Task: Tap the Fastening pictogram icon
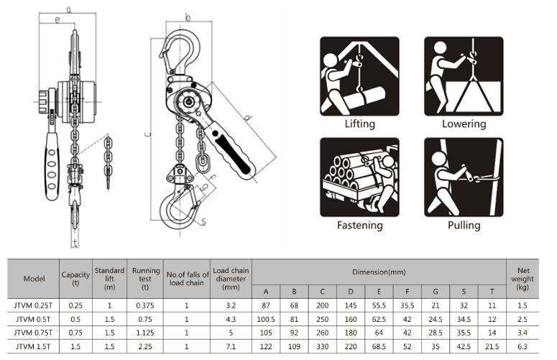pyautogui.click(x=359, y=175)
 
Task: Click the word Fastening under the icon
pyautogui.click(x=360, y=225)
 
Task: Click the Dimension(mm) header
pyautogui.click(x=379, y=271)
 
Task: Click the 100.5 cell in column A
pyautogui.click(x=267, y=319)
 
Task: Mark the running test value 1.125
pyautogui.click(x=145, y=333)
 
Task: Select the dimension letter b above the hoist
pyautogui.click(x=187, y=17)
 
